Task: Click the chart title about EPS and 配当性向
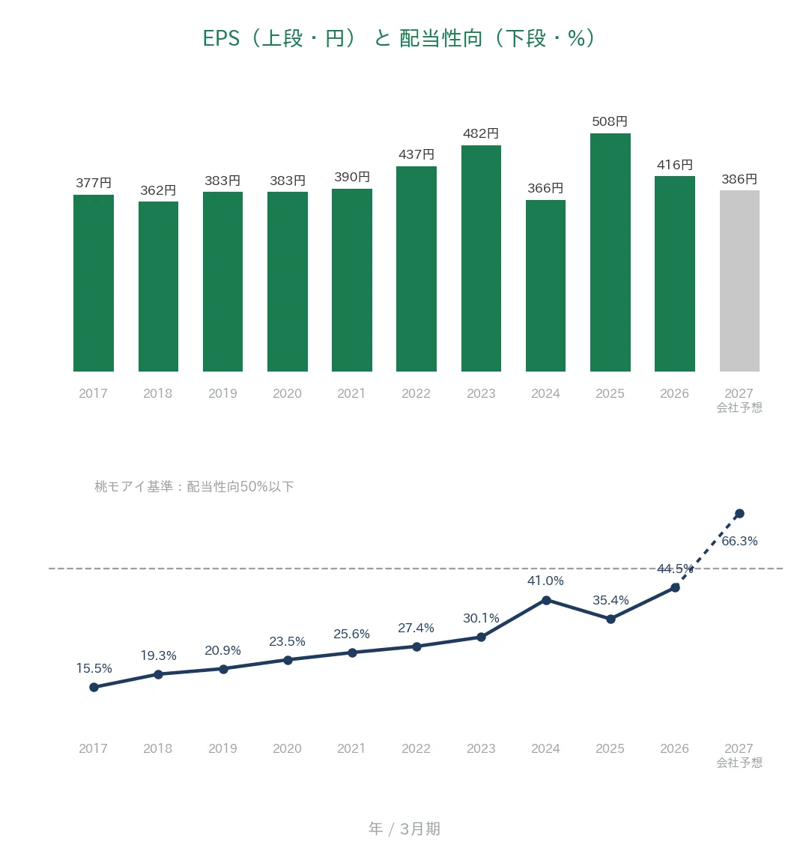(399, 38)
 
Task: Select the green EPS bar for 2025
(610, 252)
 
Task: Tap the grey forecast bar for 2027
(739, 280)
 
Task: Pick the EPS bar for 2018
(158, 286)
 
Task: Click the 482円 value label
(480, 133)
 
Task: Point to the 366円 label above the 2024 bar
(545, 188)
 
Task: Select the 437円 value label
(416, 154)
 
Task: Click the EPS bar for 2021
(352, 280)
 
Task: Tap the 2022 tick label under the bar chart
(416, 393)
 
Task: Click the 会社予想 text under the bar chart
(739, 408)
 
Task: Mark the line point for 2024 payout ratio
(546, 600)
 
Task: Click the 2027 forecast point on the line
(739, 514)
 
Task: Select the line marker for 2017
(94, 688)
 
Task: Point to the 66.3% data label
(739, 541)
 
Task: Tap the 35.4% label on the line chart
(610, 600)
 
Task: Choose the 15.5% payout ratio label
(94, 668)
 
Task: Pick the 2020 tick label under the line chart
(287, 748)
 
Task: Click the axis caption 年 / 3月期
(404, 829)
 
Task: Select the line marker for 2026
(675, 587)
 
